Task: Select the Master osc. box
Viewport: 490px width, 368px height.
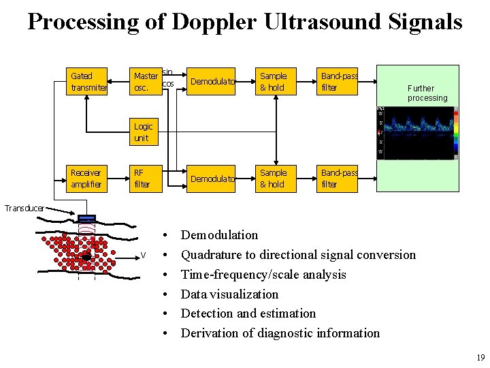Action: click(146, 81)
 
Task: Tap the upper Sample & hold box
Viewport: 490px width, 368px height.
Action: click(273, 81)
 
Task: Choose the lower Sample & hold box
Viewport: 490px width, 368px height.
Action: click(273, 178)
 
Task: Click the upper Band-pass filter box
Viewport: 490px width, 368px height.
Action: click(338, 81)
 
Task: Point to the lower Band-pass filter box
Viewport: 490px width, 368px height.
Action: click(338, 178)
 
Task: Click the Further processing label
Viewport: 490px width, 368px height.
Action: click(427, 93)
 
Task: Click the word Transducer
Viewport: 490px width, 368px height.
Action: click(22, 208)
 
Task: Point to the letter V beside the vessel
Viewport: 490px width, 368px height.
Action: click(143, 256)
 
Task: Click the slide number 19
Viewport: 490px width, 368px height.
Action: click(480, 358)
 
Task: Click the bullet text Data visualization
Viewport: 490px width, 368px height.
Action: click(229, 294)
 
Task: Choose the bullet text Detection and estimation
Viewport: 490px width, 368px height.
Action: click(248, 313)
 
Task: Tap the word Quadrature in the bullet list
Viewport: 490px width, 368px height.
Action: click(212, 255)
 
